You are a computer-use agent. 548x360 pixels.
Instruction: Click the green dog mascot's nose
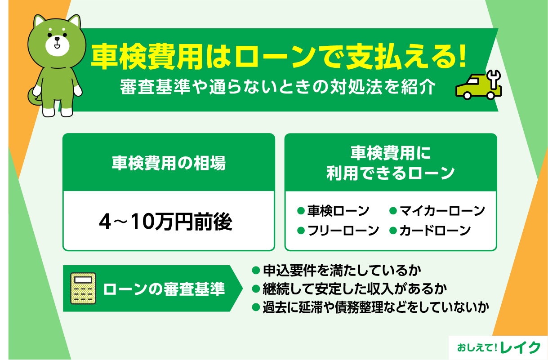(x=57, y=40)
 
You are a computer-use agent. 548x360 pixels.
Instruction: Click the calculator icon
(x=83, y=288)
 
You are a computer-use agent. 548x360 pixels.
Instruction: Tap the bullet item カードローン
(x=434, y=231)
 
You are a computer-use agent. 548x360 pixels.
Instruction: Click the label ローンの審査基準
(x=164, y=289)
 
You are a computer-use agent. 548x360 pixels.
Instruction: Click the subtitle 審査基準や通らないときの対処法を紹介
(x=277, y=88)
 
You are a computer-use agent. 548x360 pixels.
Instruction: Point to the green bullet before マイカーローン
(x=392, y=210)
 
